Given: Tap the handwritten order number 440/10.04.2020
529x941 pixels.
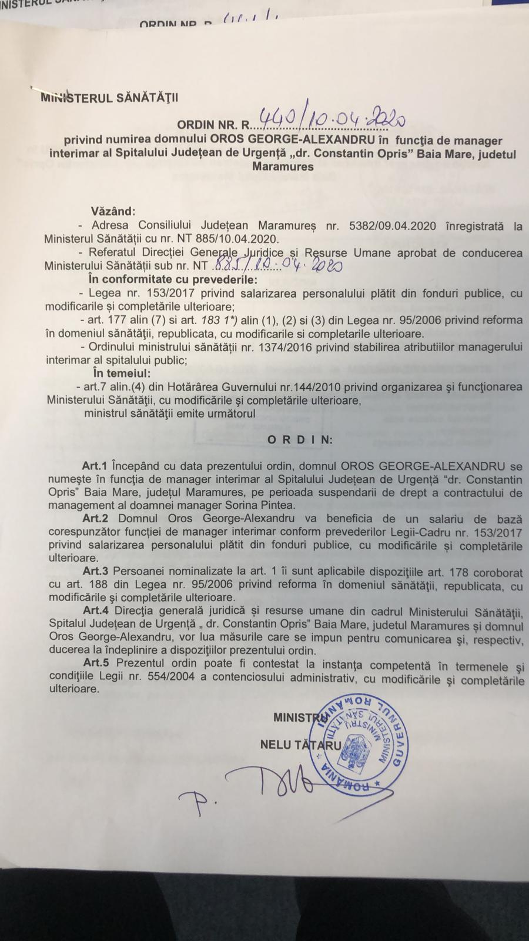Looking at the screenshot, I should (327, 121).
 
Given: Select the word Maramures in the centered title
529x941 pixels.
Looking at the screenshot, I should (283, 166).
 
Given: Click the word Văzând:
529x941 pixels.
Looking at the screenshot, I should (113, 211).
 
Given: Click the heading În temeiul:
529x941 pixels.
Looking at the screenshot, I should (121, 373).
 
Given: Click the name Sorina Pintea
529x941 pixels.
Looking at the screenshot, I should (268, 505).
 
